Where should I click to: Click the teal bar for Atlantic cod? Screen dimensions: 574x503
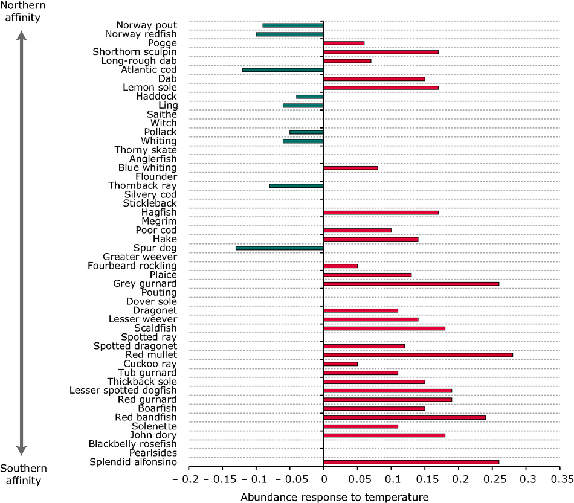click(283, 70)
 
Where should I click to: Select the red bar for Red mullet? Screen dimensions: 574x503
click(418, 355)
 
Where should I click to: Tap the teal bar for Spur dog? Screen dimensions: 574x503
click(280, 248)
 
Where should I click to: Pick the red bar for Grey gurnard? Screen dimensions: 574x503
click(411, 284)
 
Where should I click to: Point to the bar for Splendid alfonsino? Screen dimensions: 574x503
click(411, 462)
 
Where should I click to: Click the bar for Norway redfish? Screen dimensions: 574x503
click(290, 34)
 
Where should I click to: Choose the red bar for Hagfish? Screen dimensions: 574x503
click(381, 213)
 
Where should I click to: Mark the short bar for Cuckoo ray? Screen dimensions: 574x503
click(341, 364)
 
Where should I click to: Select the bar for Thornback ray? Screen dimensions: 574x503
click(297, 186)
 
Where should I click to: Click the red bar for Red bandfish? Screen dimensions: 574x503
click(405, 417)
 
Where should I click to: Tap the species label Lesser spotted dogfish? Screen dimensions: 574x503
click(123, 391)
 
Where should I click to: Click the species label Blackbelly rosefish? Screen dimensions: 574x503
click(132, 444)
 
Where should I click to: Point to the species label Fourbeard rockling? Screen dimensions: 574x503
click(132, 266)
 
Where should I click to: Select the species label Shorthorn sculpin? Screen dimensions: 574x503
click(135, 52)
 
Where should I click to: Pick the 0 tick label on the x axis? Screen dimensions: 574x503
click(324, 479)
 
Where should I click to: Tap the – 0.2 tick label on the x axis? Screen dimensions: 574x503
click(185, 479)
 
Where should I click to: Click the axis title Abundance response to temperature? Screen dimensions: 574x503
click(335, 497)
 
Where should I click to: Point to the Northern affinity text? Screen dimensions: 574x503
click(23, 11)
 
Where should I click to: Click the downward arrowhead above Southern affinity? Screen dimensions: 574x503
click(22, 450)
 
